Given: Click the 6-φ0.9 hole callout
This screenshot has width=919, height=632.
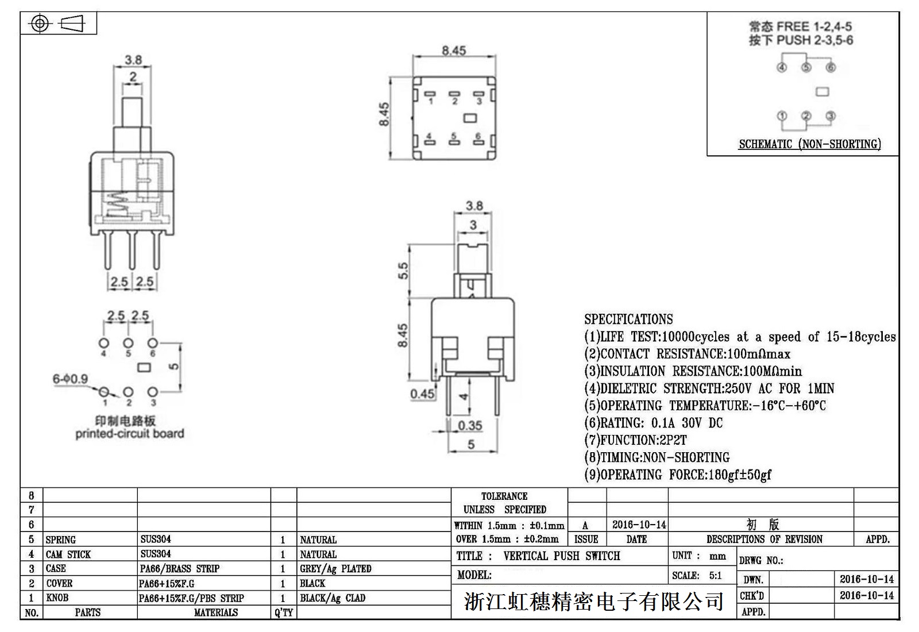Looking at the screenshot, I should point(70,379).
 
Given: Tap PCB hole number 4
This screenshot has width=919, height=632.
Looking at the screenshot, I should point(104,343).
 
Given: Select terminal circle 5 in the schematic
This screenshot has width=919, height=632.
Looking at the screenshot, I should point(806,68).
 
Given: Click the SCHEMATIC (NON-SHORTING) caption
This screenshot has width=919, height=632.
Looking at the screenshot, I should point(809,144).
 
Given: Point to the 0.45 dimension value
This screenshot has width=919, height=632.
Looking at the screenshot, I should point(422,394).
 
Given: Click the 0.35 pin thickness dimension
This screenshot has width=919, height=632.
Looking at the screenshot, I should point(470,426).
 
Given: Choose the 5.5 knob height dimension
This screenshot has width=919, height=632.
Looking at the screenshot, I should point(403,271).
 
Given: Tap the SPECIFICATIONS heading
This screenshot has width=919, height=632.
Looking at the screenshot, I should point(628,319).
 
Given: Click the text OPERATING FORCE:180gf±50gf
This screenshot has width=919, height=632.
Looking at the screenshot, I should point(678,475).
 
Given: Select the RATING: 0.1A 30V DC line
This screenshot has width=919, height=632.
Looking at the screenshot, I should point(654,423).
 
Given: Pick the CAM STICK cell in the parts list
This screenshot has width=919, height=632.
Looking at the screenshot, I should point(68,554).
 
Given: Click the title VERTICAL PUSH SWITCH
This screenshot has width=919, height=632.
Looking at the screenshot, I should point(561,556).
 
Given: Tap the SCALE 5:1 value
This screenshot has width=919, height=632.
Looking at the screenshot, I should point(715,576).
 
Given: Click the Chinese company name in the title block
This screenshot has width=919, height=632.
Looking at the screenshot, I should point(593,602).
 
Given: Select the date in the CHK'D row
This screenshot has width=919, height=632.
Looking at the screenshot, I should point(867,595).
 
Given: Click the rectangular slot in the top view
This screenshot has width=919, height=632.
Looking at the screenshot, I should point(470,118).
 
